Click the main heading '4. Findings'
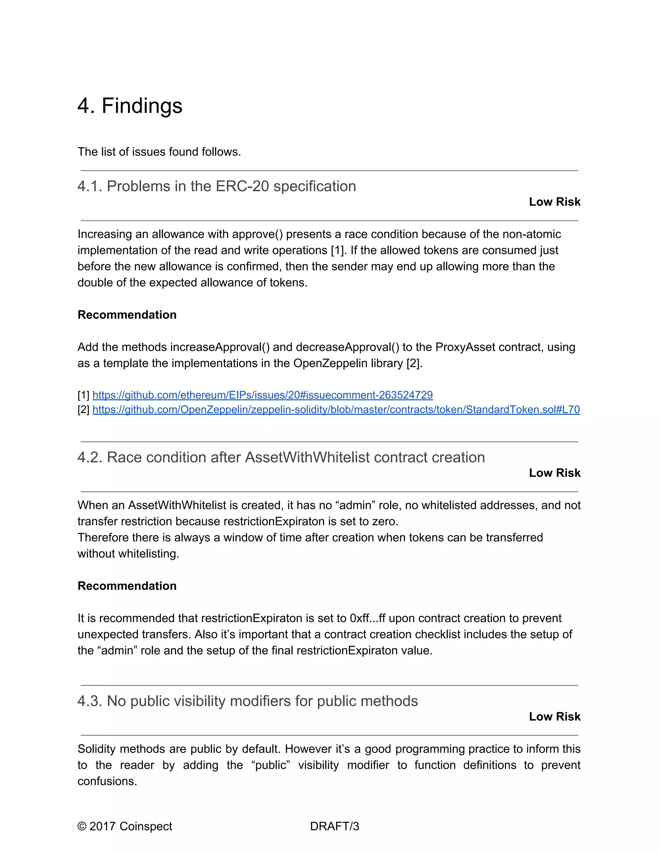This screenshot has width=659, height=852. tap(130, 106)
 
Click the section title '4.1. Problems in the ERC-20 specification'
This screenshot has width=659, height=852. tap(216, 186)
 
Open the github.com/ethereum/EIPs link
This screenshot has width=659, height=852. tap(262, 395)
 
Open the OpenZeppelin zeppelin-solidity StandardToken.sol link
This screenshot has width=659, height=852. tap(336, 410)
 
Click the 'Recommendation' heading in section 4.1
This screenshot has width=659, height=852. tap(127, 315)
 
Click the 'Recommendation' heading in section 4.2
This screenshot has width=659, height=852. tap(127, 586)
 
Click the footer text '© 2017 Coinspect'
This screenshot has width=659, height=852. tap(125, 826)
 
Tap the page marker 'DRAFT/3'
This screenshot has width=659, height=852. tap(334, 826)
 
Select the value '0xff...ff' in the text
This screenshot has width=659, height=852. tap(367, 618)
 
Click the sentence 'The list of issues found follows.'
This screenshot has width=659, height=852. tap(159, 152)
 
